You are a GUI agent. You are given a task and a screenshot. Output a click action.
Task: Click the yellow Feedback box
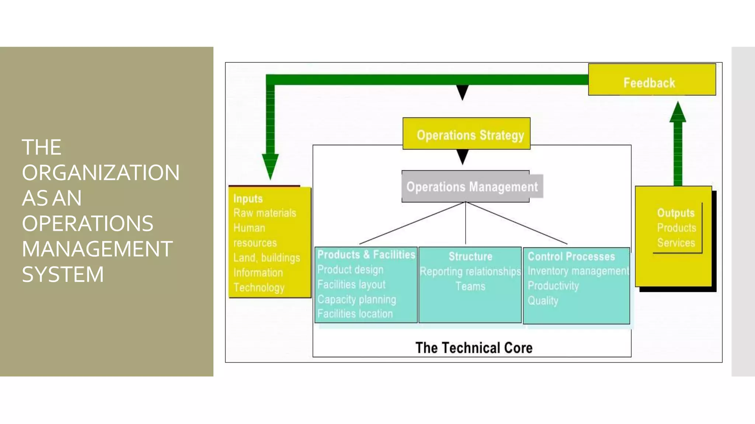tap(651, 80)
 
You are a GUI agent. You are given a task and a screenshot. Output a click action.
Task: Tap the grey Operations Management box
tap(472, 187)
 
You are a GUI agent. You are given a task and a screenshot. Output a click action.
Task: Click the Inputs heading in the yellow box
tap(248, 199)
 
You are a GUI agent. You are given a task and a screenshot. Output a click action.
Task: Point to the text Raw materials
tap(265, 213)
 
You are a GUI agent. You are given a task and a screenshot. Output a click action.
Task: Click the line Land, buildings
tap(267, 258)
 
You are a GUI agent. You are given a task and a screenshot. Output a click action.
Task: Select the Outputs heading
tap(675, 213)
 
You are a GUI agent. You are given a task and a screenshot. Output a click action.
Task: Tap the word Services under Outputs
tap(676, 243)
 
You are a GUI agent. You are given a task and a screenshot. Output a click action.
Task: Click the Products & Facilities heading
tap(366, 255)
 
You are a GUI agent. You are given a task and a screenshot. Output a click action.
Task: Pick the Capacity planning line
tap(356, 299)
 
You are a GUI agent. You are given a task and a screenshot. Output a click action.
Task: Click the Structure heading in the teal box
tap(470, 257)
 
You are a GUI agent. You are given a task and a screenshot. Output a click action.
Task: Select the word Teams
tap(470, 286)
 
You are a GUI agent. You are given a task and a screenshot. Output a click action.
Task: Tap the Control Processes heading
tap(571, 257)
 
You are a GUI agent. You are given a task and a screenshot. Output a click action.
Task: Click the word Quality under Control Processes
tap(543, 301)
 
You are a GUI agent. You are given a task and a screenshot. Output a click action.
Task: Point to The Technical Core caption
tap(474, 348)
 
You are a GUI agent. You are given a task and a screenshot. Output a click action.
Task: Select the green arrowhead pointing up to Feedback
tap(678, 112)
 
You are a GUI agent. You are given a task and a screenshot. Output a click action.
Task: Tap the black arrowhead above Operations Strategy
tap(462, 92)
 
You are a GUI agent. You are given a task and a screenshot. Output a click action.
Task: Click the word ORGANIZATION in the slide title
tap(101, 173)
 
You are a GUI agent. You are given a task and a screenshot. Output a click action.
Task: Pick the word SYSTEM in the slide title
tap(63, 275)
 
